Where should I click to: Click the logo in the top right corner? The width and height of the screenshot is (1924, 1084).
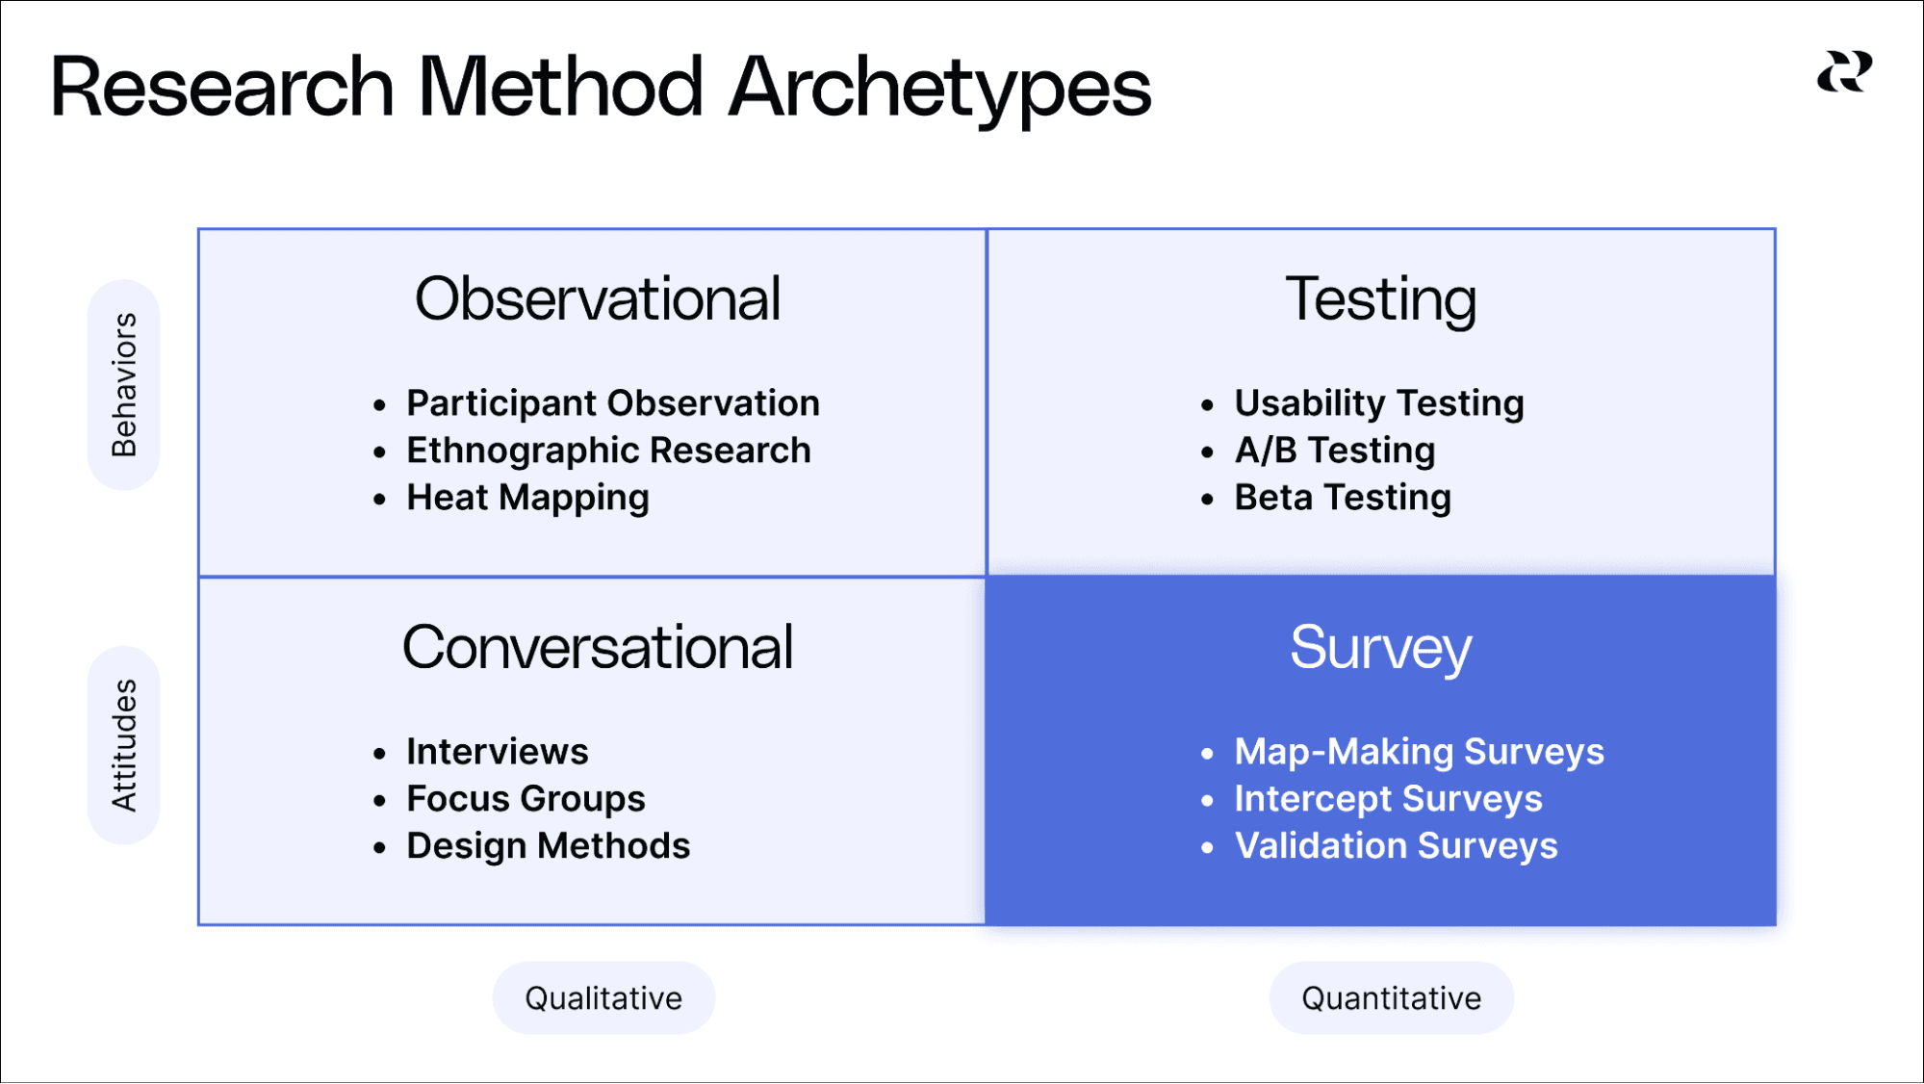[x=1844, y=72]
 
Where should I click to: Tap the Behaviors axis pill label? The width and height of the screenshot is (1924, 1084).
[x=124, y=384]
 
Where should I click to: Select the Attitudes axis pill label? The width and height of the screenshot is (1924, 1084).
[x=124, y=745]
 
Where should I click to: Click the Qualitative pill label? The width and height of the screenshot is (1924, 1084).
[x=603, y=998]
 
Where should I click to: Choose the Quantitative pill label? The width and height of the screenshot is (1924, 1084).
[x=1391, y=998]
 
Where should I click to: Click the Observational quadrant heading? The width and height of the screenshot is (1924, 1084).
[x=597, y=298]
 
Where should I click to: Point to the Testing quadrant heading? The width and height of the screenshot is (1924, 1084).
[x=1380, y=299]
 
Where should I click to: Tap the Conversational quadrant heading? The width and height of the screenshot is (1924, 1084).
[x=597, y=647]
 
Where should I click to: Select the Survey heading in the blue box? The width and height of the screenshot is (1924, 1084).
[x=1380, y=648]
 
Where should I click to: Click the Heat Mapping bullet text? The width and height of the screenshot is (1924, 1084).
[x=527, y=498]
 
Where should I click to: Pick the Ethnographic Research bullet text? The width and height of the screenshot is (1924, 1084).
[x=608, y=451]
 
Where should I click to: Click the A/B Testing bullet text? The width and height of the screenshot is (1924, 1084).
[x=1334, y=451]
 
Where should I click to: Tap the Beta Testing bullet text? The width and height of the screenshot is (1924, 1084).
[x=1342, y=498]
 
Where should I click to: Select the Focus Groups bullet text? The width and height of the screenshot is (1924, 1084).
[x=526, y=799]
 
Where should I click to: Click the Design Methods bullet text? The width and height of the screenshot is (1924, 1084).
[x=548, y=846]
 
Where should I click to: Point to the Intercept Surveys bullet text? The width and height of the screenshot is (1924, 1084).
[x=1388, y=799]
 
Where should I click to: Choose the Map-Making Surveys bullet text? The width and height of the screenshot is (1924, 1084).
[x=1419, y=752]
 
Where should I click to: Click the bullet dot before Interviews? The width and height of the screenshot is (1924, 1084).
[x=379, y=754]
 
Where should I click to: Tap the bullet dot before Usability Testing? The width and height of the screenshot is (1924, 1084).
[x=1207, y=405]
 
